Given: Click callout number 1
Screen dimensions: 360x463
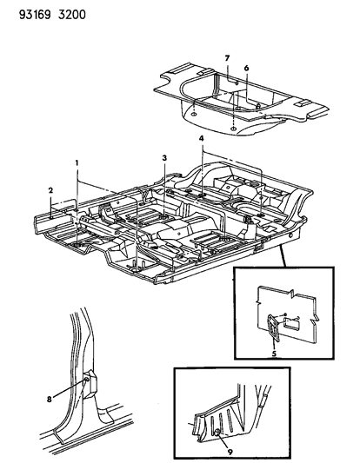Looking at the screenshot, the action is coord(77,162).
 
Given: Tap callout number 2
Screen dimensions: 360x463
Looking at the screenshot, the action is coord(50,190).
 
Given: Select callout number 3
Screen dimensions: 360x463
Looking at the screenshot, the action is coord(164,158).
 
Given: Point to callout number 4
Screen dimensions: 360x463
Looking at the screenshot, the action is coord(202,138).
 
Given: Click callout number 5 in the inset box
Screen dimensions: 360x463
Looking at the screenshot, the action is coord(274,354).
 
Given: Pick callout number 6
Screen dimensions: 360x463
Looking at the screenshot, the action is coord(246,69).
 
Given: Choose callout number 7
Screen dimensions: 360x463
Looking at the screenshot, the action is coord(227,58).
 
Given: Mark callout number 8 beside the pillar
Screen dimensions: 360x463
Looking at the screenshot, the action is coord(49,400).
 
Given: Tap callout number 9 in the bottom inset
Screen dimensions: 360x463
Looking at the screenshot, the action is coord(230,452).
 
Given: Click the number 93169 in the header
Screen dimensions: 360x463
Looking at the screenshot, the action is coord(35,15).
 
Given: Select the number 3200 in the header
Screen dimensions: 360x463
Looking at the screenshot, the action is coord(72,15).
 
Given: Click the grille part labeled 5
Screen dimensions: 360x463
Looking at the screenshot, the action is coord(273,327).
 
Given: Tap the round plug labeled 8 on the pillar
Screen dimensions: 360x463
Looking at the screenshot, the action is coord(86,379).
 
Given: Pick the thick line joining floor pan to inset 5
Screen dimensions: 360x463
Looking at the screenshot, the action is coord(283,256).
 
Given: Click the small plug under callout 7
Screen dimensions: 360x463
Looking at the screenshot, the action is coord(237,83).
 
